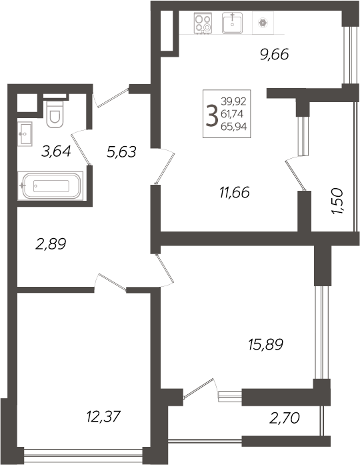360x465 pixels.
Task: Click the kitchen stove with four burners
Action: pos(203,23)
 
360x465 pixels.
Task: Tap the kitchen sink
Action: pos(232,23)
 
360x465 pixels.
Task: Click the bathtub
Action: pos(51,185)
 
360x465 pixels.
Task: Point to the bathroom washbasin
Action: pos(25,133)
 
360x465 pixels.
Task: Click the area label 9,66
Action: pos(275,55)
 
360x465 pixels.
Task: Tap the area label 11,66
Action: pos(235,192)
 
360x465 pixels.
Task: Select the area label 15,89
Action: pos(266,344)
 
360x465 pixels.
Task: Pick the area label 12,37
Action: pos(103,416)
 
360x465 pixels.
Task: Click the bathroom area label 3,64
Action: pos(56,151)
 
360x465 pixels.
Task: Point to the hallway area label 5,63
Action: pos(121,152)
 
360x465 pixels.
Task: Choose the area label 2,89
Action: pos(51,244)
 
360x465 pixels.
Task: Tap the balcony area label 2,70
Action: pos(285,418)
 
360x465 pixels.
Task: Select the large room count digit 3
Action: pos(212,115)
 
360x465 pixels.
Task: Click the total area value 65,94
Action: pos(234,127)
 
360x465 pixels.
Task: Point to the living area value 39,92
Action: pos(233,101)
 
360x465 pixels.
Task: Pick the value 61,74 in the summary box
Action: pos(232,114)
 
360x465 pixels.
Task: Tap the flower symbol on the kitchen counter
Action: pos(263,23)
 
